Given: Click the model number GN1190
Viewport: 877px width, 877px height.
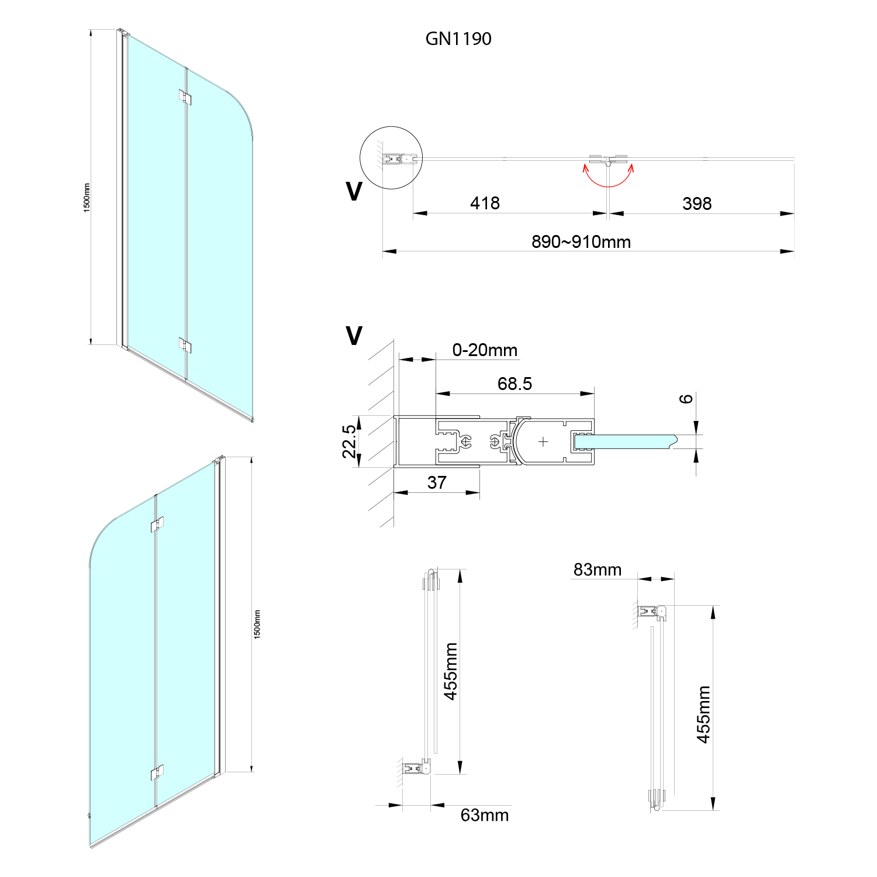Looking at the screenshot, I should (458, 39).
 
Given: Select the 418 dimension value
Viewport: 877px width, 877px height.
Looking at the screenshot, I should (485, 203).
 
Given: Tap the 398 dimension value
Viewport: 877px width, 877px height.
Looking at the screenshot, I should (696, 203).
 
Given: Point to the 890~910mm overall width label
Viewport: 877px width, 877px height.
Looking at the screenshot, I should (581, 241).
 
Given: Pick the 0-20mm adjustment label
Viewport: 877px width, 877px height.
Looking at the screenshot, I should (485, 350).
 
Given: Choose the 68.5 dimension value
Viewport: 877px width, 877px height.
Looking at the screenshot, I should (515, 384).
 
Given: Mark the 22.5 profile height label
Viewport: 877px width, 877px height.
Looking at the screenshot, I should (349, 441).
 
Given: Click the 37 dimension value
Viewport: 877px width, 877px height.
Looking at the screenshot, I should (437, 482).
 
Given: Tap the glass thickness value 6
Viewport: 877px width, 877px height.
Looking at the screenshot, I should (686, 399).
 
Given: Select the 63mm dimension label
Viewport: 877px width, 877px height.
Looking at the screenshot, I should (484, 815).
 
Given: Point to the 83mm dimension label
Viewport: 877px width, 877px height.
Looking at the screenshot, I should (597, 569).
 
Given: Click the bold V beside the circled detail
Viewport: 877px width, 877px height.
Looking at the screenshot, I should (354, 192).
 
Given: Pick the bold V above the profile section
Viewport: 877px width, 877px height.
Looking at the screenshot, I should (354, 336).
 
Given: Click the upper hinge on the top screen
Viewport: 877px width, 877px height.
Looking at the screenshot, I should (185, 98).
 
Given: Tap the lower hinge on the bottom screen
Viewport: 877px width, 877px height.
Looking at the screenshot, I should (157, 772).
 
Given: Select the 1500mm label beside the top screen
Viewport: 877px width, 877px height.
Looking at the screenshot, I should (87, 198).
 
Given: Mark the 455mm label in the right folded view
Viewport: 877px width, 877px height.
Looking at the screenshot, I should (703, 714).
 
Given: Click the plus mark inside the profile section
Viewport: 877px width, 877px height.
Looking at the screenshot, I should (543, 441).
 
